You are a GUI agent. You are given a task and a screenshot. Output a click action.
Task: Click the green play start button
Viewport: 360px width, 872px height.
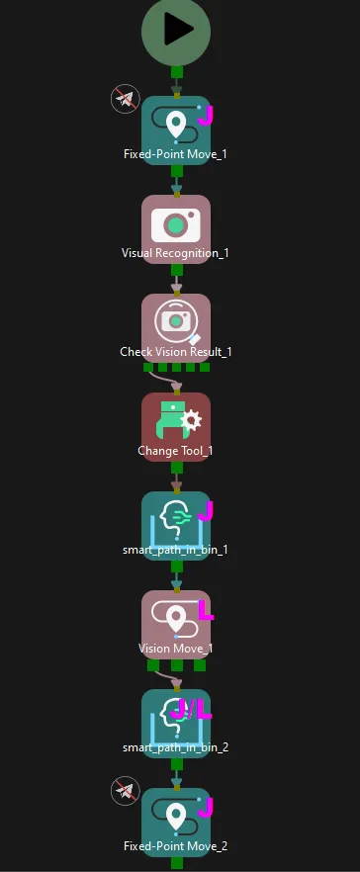coord(176,31)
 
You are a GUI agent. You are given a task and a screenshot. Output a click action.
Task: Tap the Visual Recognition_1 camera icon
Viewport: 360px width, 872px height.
coord(175,224)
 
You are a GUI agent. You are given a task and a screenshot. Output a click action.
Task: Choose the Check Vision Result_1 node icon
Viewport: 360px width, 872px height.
coord(175,322)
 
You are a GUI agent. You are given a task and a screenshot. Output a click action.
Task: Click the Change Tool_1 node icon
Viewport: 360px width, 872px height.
coord(175,422)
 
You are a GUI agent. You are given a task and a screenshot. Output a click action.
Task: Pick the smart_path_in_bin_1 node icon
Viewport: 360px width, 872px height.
coord(175,520)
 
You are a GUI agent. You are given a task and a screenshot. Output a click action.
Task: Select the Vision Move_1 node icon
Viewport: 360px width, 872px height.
coord(175,620)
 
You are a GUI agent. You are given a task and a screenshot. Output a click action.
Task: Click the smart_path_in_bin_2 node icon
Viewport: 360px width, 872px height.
coord(175,718)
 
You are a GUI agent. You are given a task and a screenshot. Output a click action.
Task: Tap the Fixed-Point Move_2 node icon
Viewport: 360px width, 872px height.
coord(175,817)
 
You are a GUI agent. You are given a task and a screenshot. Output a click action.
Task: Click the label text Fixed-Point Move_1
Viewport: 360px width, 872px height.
coord(175,154)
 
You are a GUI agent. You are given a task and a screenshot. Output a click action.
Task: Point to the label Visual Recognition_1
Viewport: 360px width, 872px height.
coord(175,253)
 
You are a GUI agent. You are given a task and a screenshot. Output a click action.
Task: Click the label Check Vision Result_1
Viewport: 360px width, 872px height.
coord(175,352)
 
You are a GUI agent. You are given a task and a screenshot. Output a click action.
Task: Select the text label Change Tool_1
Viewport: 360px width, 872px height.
coord(175,451)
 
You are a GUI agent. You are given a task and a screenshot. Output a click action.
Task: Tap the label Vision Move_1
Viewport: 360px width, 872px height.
coord(175,649)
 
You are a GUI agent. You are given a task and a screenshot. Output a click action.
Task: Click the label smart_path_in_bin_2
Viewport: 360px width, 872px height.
coord(175,747)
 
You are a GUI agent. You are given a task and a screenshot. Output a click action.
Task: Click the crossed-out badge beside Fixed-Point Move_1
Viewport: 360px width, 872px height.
coord(125,99)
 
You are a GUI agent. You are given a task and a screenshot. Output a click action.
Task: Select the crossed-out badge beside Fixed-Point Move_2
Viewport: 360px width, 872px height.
coord(125,791)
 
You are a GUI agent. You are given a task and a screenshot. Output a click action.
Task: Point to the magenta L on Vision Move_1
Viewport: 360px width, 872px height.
coord(206,610)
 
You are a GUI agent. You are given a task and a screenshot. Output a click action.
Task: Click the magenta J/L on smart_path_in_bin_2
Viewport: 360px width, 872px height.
coord(192,708)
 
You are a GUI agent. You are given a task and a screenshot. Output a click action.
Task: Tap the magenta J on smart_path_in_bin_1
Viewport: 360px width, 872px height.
coord(206,511)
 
